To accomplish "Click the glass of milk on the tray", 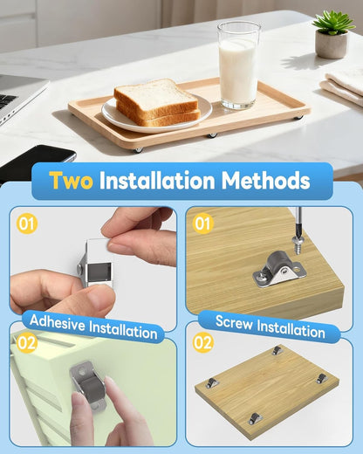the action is [238, 65].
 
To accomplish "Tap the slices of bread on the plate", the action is [156, 102].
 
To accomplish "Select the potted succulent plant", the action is [332, 34].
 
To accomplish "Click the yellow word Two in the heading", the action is [71, 181].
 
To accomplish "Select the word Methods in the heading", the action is [265, 181].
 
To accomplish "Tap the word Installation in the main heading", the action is [157, 181].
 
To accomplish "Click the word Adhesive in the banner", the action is [57, 323].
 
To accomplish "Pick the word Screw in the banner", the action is [234, 322].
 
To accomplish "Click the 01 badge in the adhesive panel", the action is [27, 224].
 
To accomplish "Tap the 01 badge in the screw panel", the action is [202, 224].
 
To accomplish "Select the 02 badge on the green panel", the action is [27, 343].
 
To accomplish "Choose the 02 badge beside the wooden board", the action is [203, 342].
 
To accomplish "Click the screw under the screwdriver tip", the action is [297, 245].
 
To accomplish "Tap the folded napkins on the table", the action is [343, 86].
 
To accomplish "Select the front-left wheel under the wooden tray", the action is [138, 150].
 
